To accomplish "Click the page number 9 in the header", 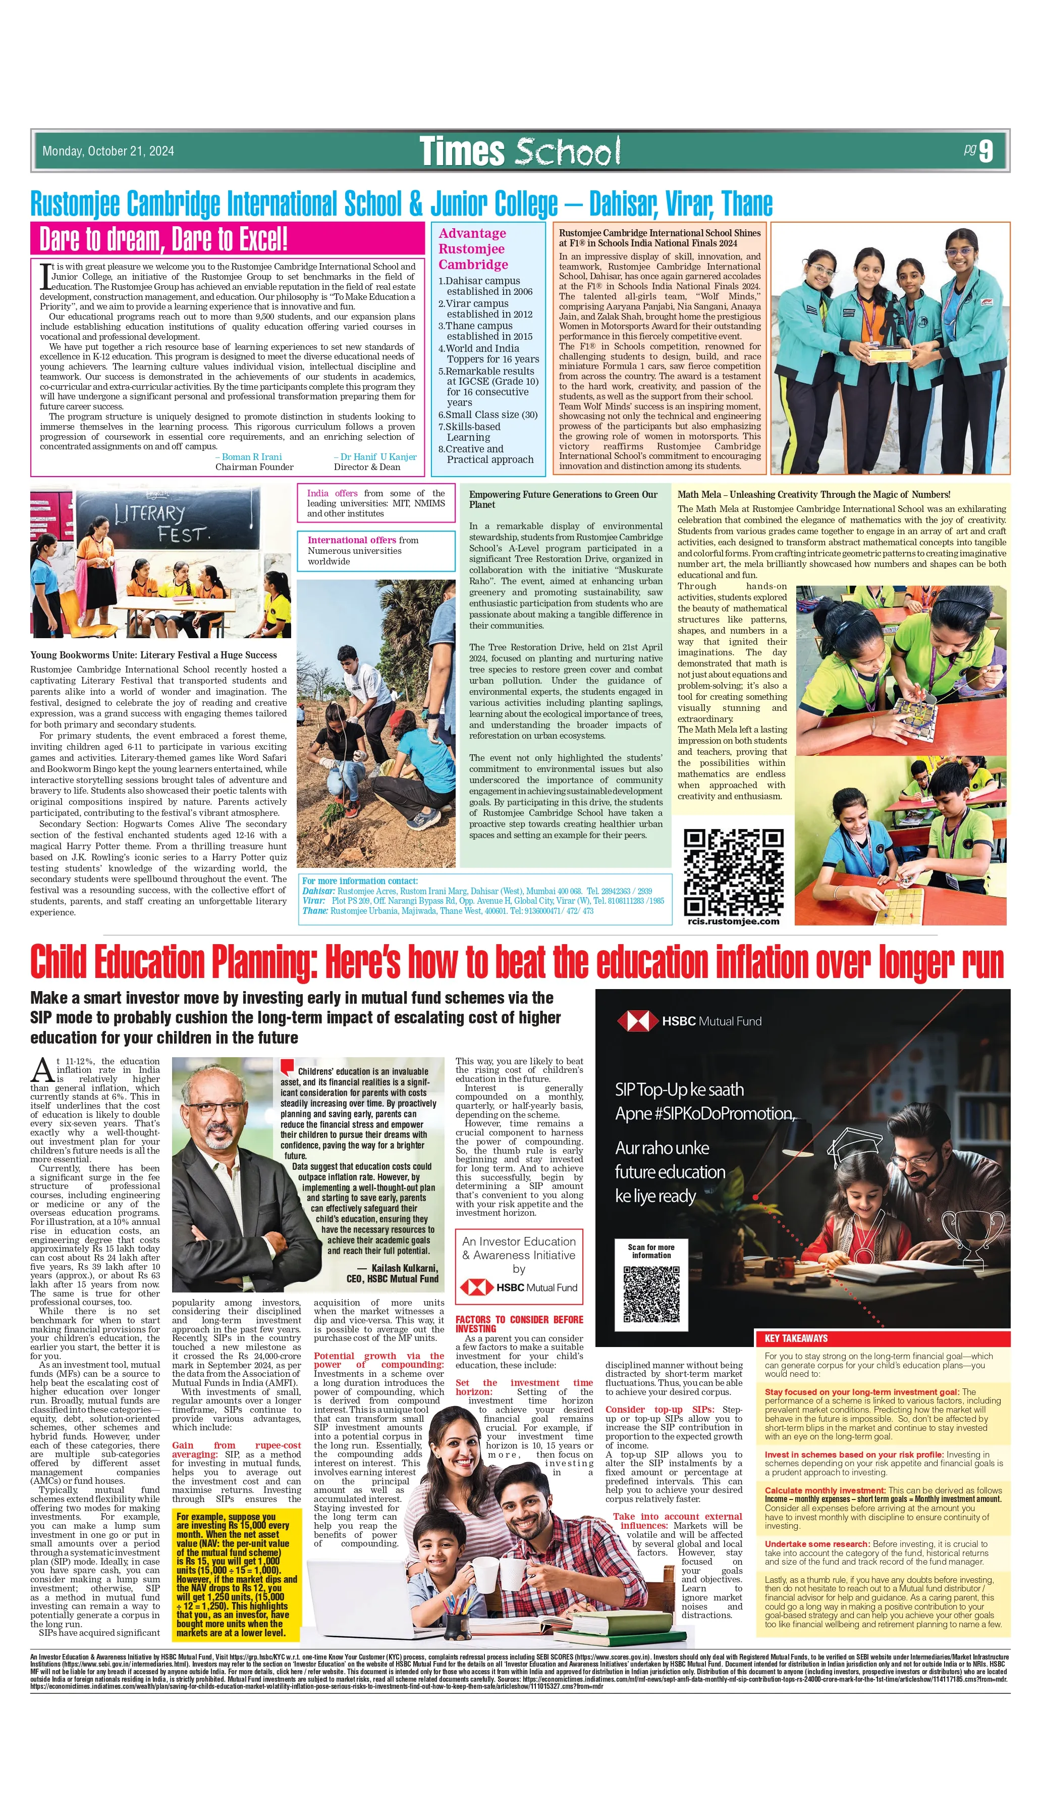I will pos(986,151).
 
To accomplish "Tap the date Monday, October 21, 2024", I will pos(108,151).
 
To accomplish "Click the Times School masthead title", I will pos(520,151).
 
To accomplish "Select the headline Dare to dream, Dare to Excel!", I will pos(163,239).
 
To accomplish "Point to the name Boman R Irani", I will pos(252,457).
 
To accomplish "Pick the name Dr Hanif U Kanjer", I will pos(374,457).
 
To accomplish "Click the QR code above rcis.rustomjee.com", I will pos(734,872).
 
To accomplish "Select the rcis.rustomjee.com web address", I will pos(734,921).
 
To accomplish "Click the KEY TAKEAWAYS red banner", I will pos(882,1338).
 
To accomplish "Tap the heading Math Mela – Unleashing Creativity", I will pos(813,494).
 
